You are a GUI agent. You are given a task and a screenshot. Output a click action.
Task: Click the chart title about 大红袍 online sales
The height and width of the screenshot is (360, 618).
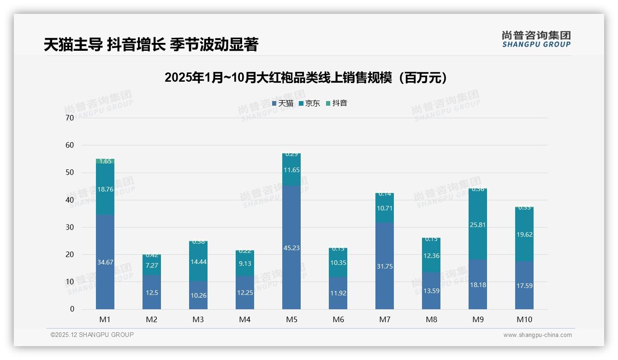coord(305,78)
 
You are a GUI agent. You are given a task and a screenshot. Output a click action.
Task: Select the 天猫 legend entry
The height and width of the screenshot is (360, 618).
coord(283,103)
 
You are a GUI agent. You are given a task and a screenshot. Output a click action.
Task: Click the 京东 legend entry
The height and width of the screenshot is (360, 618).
coord(310,103)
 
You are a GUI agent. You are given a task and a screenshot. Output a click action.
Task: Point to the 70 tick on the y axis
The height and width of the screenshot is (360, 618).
coord(70,118)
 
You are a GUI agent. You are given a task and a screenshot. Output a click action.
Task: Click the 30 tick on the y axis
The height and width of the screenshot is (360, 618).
coord(70,227)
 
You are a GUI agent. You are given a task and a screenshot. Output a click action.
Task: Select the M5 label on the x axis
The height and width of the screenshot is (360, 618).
coord(291,319)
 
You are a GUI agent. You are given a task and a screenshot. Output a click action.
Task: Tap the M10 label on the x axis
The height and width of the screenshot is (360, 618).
coord(524,319)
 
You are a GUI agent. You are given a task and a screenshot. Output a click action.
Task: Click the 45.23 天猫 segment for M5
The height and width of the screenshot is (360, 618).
coord(291,247)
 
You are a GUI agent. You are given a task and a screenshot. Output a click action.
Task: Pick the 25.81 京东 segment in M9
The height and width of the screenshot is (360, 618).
coord(478,225)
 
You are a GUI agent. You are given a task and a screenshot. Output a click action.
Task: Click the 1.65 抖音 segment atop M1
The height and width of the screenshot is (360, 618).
coord(105,161)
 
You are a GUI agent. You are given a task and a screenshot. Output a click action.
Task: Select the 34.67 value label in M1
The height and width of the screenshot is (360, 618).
coord(105,262)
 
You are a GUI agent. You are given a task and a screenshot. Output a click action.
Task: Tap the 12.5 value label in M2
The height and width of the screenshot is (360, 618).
coord(152,293)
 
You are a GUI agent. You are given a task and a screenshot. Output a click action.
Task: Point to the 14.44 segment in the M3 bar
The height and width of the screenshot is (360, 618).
coord(198,262)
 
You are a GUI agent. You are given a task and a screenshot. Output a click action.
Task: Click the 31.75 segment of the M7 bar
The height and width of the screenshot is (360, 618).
coord(385,266)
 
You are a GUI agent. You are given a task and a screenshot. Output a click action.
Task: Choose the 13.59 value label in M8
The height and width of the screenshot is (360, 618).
coord(431,291)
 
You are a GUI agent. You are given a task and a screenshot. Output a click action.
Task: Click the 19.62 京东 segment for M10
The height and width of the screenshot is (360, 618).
coord(524,234)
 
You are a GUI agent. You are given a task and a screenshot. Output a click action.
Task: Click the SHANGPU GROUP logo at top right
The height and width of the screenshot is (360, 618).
coord(536,39)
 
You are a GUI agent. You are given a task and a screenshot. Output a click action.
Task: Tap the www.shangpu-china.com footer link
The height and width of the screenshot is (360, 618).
coord(537,335)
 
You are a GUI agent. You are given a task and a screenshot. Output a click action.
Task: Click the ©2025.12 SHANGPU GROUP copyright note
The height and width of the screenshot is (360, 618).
coord(92,335)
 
